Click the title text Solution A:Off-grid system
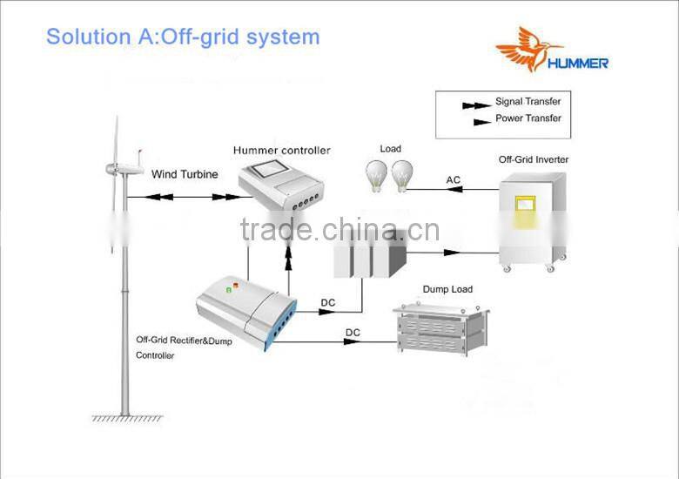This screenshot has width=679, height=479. pyautogui.click(x=183, y=37)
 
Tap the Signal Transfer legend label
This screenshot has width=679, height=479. pyautogui.click(x=528, y=102)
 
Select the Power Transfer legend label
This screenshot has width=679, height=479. pyautogui.click(x=528, y=118)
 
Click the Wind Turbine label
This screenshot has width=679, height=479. pyautogui.click(x=185, y=174)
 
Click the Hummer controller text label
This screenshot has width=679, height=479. pyautogui.click(x=281, y=151)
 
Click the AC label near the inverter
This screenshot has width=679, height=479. pyautogui.click(x=454, y=180)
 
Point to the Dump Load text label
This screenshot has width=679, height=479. pyautogui.click(x=448, y=289)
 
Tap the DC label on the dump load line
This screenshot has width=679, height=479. pyautogui.click(x=353, y=333)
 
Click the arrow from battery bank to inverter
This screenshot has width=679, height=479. pyautogui.click(x=451, y=253)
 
